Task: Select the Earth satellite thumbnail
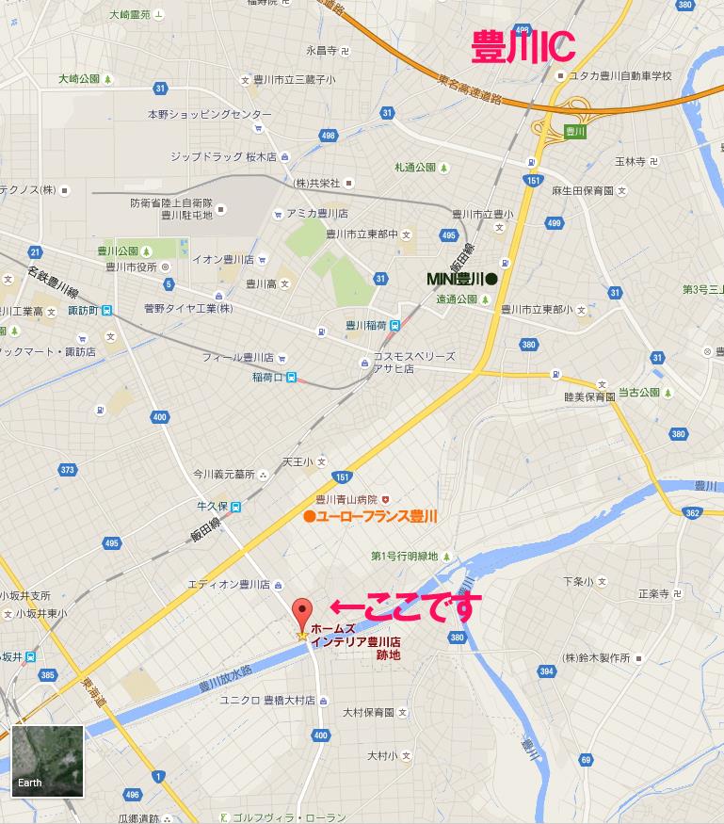coord(48,761)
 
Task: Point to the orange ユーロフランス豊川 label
coord(371,516)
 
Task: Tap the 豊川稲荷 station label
coord(365,326)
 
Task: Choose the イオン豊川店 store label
coord(223,259)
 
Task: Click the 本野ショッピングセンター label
coord(209,114)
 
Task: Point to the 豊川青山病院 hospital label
coord(346,499)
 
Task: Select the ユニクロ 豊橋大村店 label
coord(267,700)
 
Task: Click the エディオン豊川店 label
coord(230,585)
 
